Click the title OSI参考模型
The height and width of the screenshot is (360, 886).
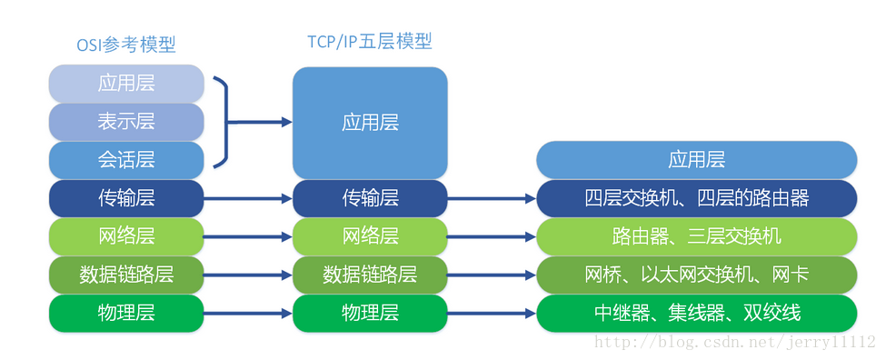click(x=126, y=44)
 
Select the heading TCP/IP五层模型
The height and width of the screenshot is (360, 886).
click(x=370, y=41)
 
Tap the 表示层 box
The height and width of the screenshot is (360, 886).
click(x=126, y=122)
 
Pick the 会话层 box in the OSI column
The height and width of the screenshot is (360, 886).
click(x=126, y=160)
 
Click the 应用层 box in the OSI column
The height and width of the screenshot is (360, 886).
click(x=126, y=84)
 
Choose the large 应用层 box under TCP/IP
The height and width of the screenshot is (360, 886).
click(x=370, y=122)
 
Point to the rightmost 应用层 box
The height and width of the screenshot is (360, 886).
click(x=696, y=160)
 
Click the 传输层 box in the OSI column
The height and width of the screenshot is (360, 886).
click(x=126, y=197)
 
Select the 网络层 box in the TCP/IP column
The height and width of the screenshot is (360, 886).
click(x=370, y=236)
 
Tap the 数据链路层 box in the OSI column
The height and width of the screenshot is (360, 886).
click(x=126, y=275)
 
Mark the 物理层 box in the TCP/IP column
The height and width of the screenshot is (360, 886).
click(x=370, y=313)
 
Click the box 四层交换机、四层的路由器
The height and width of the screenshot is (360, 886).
click(x=696, y=197)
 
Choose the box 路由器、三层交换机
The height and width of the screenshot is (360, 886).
click(x=696, y=236)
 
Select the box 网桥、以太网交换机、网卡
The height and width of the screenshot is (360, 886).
click(x=696, y=275)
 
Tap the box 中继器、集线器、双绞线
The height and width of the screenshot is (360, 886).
click(x=696, y=313)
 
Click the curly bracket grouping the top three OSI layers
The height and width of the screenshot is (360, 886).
click(x=220, y=122)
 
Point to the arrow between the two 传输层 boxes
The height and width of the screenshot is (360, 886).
click(x=248, y=197)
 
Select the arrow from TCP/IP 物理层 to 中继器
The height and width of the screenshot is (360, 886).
click(x=492, y=313)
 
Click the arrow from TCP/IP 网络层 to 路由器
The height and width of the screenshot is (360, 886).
click(x=492, y=236)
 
